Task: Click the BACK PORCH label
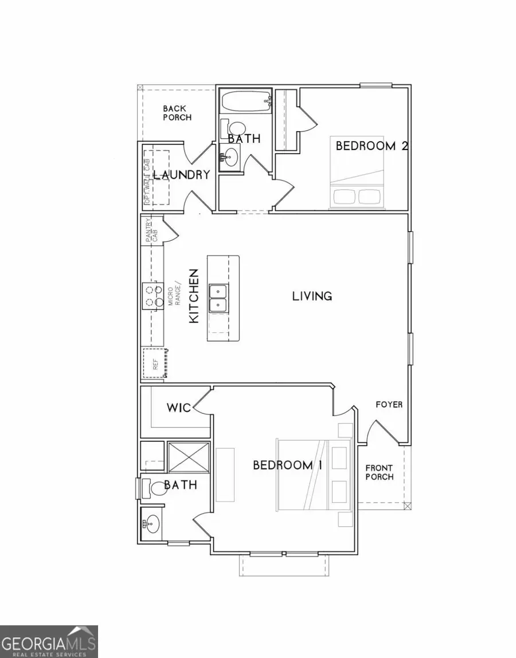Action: pyautogui.click(x=177, y=112)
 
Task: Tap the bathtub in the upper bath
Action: pyautogui.click(x=245, y=102)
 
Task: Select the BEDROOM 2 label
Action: pyautogui.click(x=371, y=146)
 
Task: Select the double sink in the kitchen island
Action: pyautogui.click(x=218, y=298)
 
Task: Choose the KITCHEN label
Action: pyautogui.click(x=194, y=296)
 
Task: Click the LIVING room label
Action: pyautogui.click(x=312, y=296)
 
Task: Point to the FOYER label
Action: pyautogui.click(x=389, y=405)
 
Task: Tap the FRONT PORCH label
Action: pyautogui.click(x=380, y=472)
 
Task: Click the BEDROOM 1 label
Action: pyautogui.click(x=287, y=465)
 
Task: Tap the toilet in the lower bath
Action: pyautogui.click(x=153, y=488)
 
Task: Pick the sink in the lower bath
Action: pyautogui.click(x=152, y=523)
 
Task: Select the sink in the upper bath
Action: pyautogui.click(x=231, y=155)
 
